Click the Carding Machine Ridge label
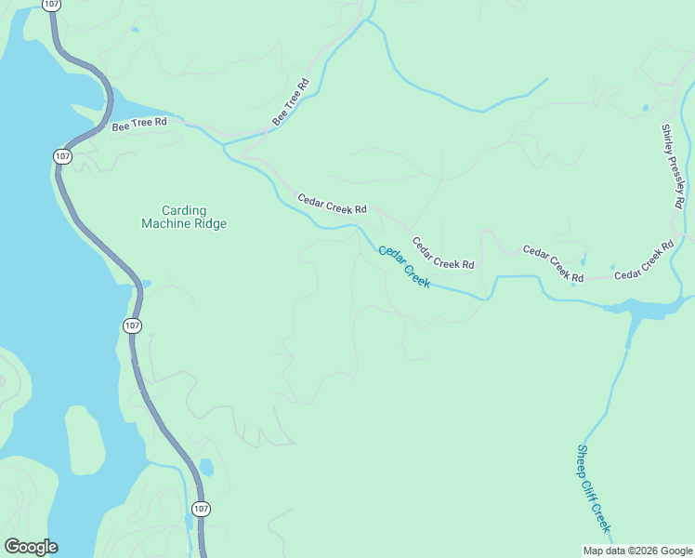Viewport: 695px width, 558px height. tap(184, 217)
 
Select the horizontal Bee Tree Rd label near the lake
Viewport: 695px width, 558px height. tap(139, 123)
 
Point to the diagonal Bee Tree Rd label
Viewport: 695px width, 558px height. tap(290, 102)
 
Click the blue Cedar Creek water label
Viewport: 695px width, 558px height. tap(404, 266)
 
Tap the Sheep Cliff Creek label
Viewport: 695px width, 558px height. tap(594, 488)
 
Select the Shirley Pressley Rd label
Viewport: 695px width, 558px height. tap(673, 166)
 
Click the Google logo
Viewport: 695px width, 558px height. tap(31, 546)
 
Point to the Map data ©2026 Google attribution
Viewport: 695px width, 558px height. tap(638, 550)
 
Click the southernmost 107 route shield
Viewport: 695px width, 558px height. tap(201, 509)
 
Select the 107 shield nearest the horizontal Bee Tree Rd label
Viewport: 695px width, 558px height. tap(62, 156)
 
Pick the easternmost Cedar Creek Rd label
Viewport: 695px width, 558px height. tap(644, 261)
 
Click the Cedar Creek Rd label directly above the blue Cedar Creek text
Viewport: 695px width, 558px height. tap(443, 252)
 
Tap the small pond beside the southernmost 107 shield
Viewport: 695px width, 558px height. tap(206, 467)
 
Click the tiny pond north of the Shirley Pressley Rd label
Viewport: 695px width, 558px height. tap(645, 108)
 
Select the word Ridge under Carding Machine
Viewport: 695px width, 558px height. tap(209, 223)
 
